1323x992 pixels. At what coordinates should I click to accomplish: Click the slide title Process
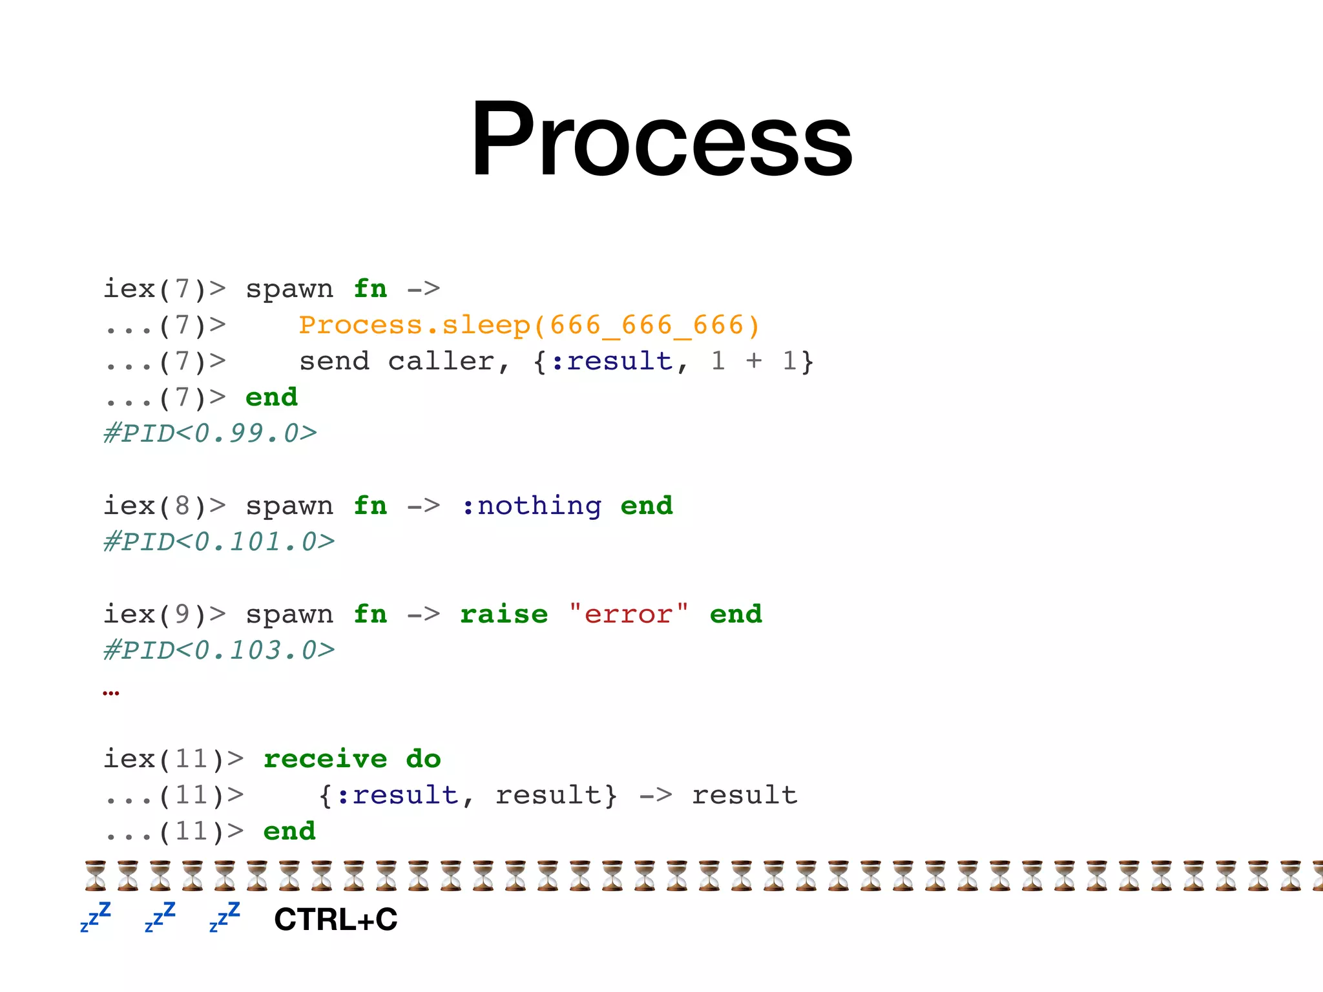coord(661,139)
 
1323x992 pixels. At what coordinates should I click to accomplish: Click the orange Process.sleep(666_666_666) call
coord(528,325)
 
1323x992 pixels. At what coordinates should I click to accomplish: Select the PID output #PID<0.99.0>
coord(210,433)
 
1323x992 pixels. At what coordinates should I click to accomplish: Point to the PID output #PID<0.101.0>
coord(219,542)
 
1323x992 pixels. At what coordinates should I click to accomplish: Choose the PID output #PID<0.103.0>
coord(219,650)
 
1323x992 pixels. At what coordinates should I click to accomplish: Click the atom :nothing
coord(532,506)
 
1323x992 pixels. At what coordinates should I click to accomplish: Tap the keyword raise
coord(504,614)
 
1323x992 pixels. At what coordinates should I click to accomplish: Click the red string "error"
coord(629,614)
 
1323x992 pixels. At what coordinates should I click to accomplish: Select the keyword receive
coord(325,759)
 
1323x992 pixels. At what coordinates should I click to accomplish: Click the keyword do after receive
coord(423,759)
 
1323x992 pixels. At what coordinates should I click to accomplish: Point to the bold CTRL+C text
coord(335,919)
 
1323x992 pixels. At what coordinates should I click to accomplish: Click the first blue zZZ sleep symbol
coord(96,917)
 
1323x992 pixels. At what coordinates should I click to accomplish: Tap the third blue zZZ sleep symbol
coord(225,917)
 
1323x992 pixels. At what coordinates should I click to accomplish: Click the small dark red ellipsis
coord(110,693)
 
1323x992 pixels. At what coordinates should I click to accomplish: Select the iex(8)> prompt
coord(165,506)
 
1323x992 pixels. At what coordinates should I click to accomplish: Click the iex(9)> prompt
coord(165,614)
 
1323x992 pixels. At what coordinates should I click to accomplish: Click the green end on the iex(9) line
coord(736,614)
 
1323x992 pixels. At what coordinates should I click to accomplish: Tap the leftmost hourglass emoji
coord(96,876)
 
